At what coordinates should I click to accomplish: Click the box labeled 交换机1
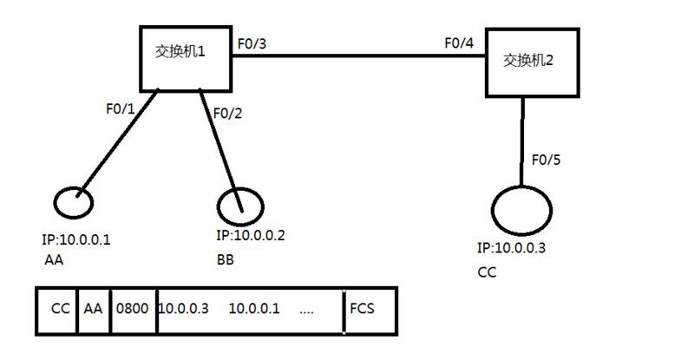coord(186,57)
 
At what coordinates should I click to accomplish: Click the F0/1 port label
coord(121,109)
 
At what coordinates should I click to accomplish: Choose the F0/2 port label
coord(226,113)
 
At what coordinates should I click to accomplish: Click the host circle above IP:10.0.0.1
coord(74,202)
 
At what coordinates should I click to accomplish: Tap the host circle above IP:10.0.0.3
coord(521,212)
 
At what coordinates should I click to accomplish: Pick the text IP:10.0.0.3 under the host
coord(511,248)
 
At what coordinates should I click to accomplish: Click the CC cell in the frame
coord(60,309)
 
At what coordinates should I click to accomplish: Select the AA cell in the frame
coord(93,309)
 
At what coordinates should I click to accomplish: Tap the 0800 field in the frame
coord(134,309)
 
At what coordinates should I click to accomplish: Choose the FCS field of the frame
coord(363,309)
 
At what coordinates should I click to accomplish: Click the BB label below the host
coord(225,259)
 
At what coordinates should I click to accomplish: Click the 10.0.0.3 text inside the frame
coord(183,309)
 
